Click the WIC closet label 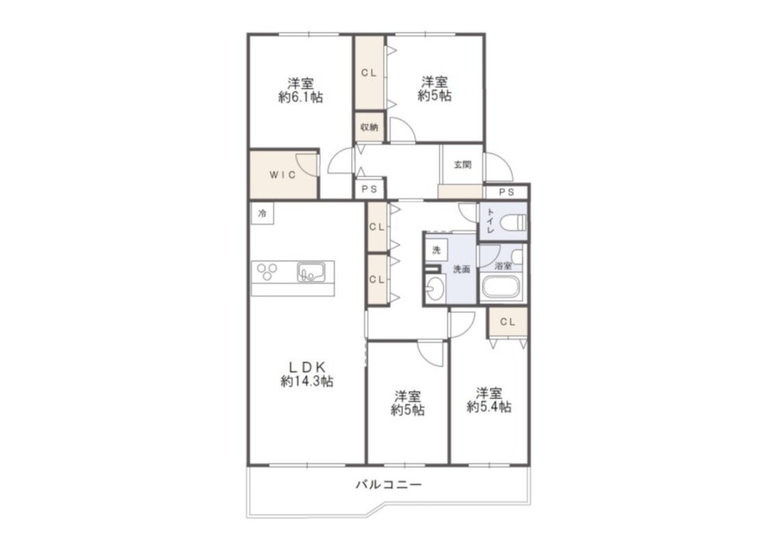(x=282, y=174)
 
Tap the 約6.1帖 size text (x=301, y=98)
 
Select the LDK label (x=307, y=367)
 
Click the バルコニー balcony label (x=389, y=484)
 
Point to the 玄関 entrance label (x=462, y=164)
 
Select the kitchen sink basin (x=311, y=272)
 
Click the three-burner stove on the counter (x=267, y=272)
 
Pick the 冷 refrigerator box (x=262, y=214)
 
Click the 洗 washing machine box (x=436, y=250)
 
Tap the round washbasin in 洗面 (x=435, y=288)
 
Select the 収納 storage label (x=369, y=127)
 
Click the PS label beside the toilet (x=506, y=192)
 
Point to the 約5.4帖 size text (x=489, y=407)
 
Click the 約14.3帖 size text (x=307, y=382)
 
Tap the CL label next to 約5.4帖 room (x=508, y=323)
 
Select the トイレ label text (x=490, y=221)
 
